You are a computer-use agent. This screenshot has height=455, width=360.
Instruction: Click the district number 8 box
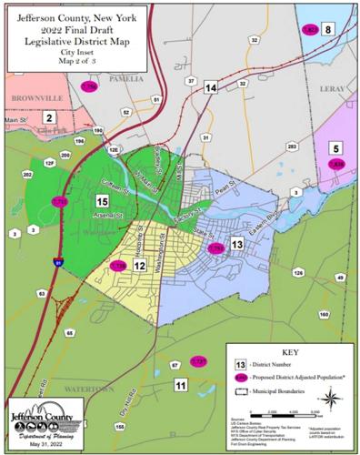click(327, 29)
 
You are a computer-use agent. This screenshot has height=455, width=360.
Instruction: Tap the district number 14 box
click(211, 87)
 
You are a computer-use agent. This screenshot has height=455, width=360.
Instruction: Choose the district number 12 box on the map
click(140, 265)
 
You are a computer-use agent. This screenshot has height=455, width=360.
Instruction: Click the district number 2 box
click(51, 117)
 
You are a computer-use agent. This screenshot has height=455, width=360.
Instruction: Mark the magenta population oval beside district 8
click(308, 29)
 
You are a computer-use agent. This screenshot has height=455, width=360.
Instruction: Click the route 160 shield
click(324, 315)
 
